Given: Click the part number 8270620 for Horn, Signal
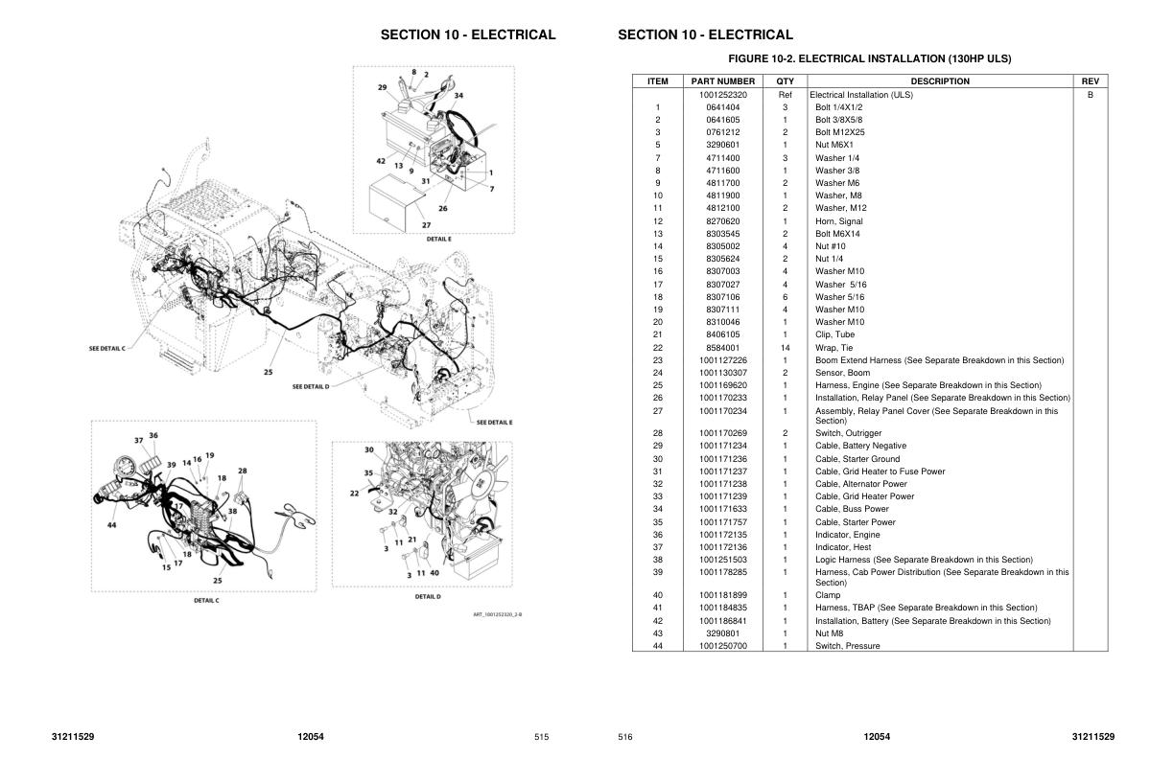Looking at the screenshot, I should click(x=723, y=221).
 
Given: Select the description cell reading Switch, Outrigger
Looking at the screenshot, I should click(x=834, y=433).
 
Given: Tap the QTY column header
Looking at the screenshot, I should click(x=785, y=81).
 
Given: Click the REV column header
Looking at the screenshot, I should click(x=1090, y=81).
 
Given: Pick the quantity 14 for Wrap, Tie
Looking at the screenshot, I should click(x=785, y=348).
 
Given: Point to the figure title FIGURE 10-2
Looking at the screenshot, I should click(x=869, y=59).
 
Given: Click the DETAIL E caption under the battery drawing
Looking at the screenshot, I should click(x=438, y=239).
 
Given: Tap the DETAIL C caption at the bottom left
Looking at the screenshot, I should click(x=206, y=601).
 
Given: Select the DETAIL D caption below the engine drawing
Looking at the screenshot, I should click(x=428, y=596).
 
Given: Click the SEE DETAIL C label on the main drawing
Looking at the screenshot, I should click(x=106, y=349).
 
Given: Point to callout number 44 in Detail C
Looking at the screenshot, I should click(x=112, y=525).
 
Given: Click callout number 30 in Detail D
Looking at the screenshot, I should click(x=368, y=449).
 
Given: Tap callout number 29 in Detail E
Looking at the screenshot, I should click(x=382, y=87).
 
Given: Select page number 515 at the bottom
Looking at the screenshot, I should click(x=542, y=737).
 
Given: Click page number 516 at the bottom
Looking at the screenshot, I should click(x=625, y=737).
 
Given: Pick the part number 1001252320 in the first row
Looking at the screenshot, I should click(x=723, y=95).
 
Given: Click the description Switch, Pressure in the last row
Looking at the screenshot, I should click(x=847, y=646).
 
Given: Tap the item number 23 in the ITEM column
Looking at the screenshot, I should click(x=658, y=360).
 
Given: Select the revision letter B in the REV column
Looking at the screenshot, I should click(x=1090, y=95).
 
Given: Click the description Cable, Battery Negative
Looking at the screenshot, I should click(x=860, y=446).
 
